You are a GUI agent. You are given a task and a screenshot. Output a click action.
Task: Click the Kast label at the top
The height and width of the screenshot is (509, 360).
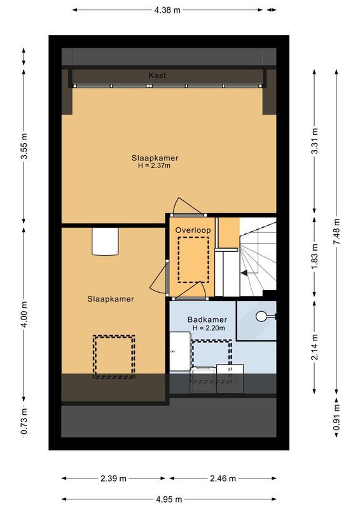[x=157, y=75]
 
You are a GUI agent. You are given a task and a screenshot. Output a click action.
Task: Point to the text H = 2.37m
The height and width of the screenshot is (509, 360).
[x=155, y=165]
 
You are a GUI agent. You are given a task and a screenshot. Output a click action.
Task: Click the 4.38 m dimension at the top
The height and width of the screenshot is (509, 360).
[x=167, y=10]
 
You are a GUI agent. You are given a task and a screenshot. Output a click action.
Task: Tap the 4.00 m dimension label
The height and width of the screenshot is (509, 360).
[x=24, y=314]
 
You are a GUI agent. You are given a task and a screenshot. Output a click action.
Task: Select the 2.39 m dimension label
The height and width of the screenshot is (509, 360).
[x=114, y=478]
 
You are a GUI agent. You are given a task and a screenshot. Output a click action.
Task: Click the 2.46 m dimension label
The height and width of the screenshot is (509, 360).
[x=223, y=478]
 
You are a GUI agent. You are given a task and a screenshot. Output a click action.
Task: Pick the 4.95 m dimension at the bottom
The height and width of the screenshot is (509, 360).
[x=168, y=499]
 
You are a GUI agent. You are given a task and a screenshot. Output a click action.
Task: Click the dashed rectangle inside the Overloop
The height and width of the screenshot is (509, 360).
[x=193, y=260]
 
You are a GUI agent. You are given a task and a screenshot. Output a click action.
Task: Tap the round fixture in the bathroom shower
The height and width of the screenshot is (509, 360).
[x=262, y=316]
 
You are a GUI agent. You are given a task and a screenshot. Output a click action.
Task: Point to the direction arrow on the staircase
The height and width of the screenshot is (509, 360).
[x=244, y=272]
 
